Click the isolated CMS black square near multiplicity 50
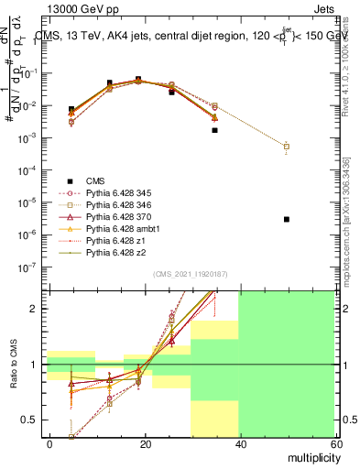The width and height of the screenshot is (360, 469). pos(287,219)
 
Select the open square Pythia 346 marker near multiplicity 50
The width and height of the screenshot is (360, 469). pos(287,147)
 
